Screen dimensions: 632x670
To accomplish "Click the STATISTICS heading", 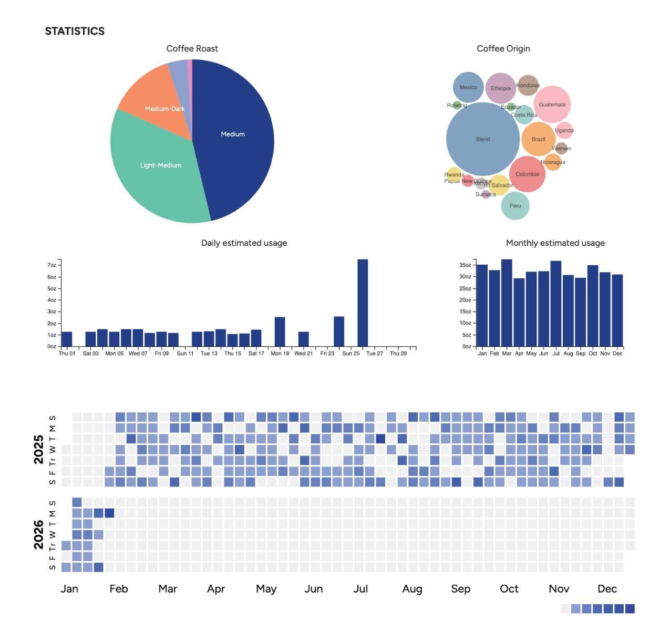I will (75, 31).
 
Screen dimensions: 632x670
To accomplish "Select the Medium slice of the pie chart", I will (233, 134).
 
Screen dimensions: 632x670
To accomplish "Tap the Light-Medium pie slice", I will (160, 165).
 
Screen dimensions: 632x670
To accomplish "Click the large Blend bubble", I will (482, 139).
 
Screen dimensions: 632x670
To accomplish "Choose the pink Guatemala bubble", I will (552, 105).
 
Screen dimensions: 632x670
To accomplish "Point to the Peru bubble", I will (515, 205).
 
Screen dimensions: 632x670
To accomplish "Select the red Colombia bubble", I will (527, 174).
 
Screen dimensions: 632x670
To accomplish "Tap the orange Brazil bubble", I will (538, 139).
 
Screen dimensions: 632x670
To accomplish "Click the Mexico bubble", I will (468, 87).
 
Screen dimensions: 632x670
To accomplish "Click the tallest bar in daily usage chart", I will (363, 303).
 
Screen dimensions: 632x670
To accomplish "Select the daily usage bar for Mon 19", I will (280, 331).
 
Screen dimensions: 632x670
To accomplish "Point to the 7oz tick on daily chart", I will (52, 265).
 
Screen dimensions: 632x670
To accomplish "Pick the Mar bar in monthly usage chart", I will (507, 303).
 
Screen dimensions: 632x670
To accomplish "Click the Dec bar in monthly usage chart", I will (617, 310).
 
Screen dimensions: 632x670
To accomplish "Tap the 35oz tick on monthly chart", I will (465, 265).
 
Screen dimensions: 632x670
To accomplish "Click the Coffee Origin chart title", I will (503, 48).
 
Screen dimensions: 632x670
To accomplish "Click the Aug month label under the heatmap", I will (412, 589).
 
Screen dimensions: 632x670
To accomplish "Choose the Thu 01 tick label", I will (67, 354).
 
